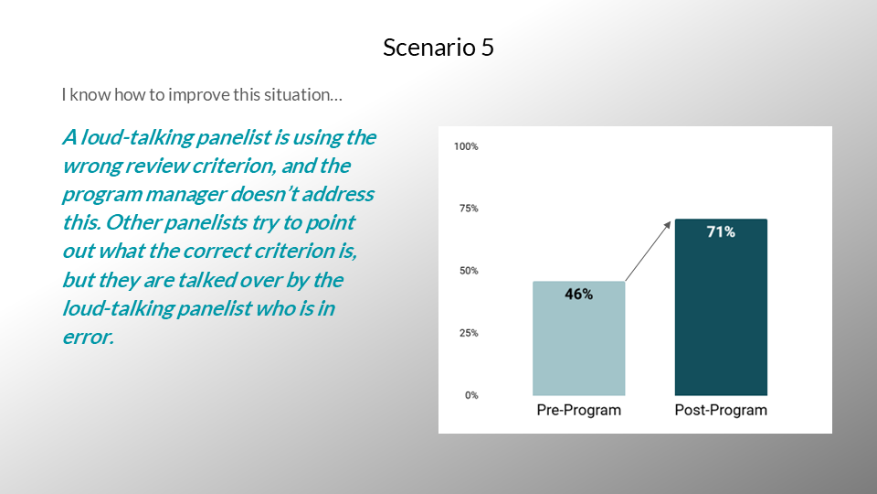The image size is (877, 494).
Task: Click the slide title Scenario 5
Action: (x=438, y=47)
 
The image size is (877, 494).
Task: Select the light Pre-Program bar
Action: (x=579, y=338)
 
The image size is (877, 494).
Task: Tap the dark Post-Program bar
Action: (x=721, y=307)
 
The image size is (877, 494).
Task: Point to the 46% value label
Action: (x=579, y=294)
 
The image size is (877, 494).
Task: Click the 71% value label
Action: (x=721, y=231)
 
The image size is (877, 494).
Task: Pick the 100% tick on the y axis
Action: (x=466, y=146)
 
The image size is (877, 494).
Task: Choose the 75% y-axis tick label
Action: (x=469, y=209)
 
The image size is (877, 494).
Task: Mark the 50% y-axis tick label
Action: (x=469, y=271)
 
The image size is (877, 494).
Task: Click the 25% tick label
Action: (x=469, y=333)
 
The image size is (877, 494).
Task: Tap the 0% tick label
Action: (x=471, y=395)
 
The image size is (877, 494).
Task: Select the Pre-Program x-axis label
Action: (x=579, y=410)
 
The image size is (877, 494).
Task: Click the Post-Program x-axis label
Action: (x=721, y=410)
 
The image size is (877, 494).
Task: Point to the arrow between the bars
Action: (x=648, y=251)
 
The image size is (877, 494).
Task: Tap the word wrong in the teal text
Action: (x=91, y=166)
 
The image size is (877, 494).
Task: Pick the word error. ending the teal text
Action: (x=89, y=338)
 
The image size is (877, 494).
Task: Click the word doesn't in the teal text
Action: (x=264, y=194)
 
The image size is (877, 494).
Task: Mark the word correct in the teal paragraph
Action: (x=217, y=251)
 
